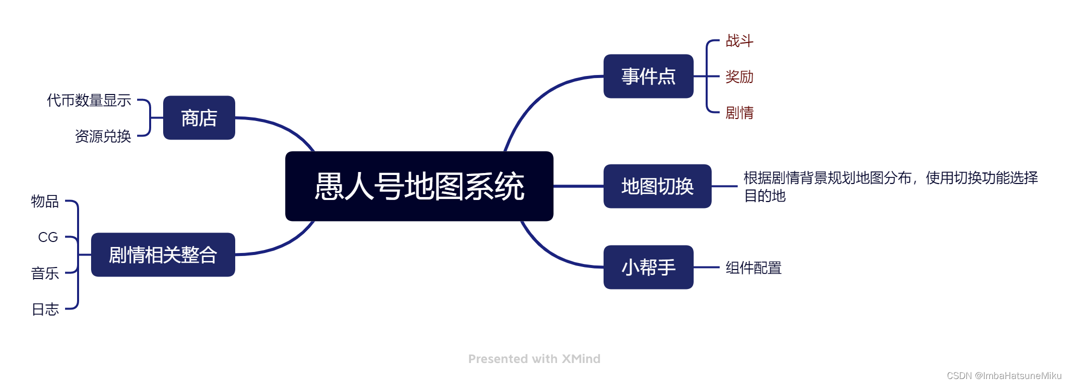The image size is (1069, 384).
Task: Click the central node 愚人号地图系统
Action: point(419,186)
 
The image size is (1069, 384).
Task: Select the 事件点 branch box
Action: point(648,76)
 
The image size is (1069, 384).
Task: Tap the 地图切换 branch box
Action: point(657,186)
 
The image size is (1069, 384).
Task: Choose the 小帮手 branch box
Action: point(648,267)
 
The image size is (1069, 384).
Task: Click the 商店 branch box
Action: point(199,118)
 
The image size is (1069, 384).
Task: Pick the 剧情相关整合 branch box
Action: point(163,254)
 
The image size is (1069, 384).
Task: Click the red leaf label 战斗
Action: point(739,41)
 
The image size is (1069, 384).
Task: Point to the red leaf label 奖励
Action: point(739,77)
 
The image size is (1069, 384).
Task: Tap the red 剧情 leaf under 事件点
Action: point(739,113)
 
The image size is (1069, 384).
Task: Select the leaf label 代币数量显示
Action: point(89,100)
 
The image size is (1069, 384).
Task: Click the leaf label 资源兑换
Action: point(103,136)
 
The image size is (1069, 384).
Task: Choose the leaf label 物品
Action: point(45,201)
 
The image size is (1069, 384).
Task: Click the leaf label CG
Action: point(48,237)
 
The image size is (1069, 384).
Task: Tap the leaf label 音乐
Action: point(45,273)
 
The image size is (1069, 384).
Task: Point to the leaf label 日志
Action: point(45,309)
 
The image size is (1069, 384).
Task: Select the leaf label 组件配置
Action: point(753,268)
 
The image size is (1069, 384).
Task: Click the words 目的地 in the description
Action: point(765,195)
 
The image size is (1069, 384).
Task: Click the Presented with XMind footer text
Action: point(534,358)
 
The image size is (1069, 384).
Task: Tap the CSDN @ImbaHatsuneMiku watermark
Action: point(1004,375)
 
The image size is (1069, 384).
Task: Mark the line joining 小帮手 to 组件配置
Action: point(706,267)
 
